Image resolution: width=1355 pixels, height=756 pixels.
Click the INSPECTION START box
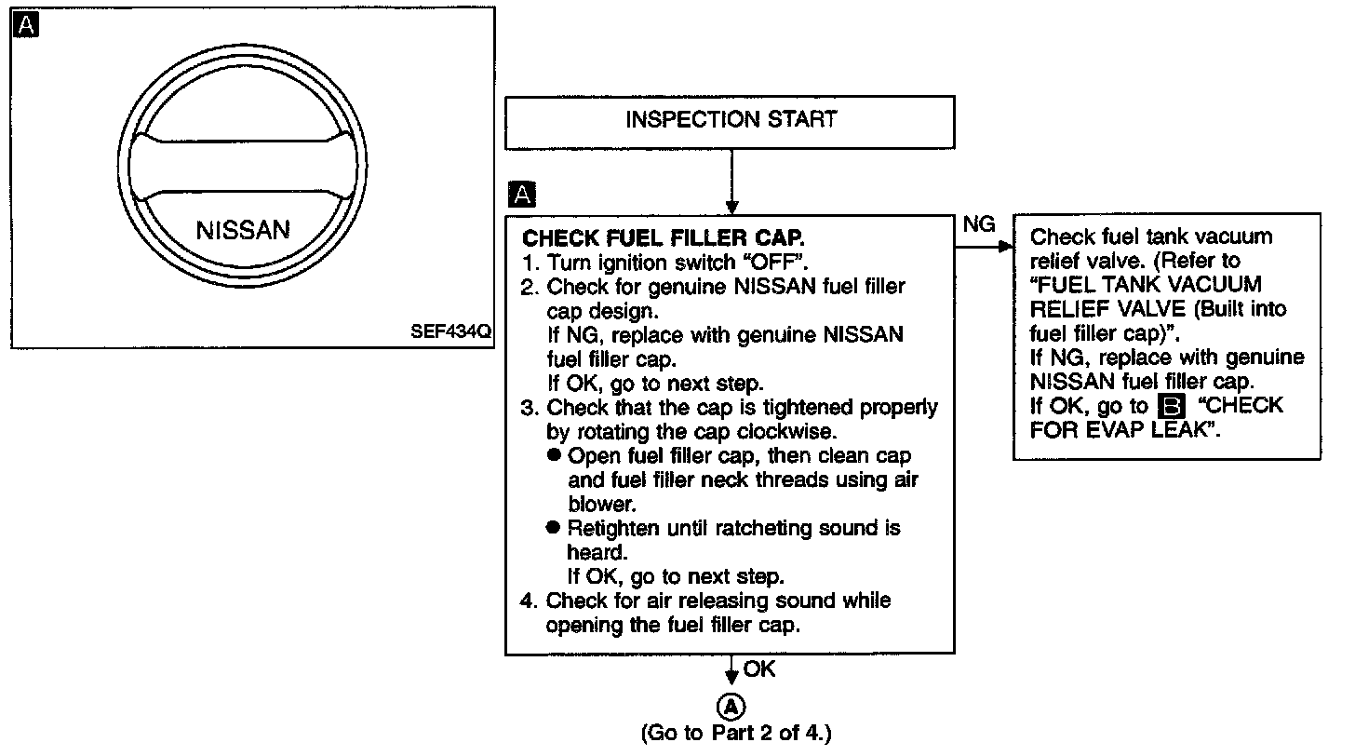point(731,121)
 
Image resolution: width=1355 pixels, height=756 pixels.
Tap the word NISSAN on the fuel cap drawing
point(243,230)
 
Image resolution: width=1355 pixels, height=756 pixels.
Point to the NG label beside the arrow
point(978,224)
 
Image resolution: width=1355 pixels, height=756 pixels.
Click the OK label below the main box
point(759,668)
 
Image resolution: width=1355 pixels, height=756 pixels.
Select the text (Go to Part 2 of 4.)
point(735,733)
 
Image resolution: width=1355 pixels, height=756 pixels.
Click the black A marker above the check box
point(523,195)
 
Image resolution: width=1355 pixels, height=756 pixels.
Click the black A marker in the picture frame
point(27,26)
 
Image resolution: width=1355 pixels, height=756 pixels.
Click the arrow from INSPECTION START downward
point(732,182)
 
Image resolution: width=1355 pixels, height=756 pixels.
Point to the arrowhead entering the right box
point(1005,247)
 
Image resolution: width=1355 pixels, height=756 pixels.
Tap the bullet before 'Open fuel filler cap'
point(555,456)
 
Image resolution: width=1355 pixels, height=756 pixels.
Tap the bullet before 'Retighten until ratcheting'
point(555,528)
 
